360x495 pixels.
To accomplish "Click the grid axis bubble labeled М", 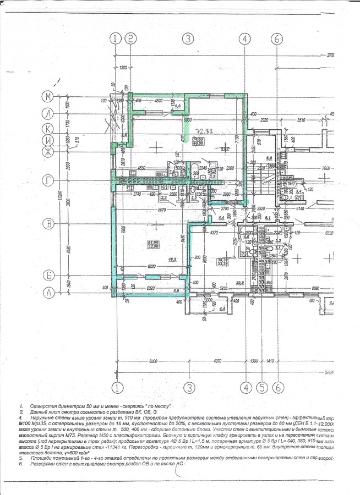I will pos(48,96).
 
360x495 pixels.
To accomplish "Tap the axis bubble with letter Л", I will pos(48,113).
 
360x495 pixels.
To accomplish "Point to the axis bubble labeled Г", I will pos(48,180).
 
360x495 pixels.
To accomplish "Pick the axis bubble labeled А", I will pos(48,293).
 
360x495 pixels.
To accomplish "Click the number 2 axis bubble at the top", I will pos(130,38).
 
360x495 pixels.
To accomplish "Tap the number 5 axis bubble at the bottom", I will pos(262,387).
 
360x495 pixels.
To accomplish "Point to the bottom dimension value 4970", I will pos(219,361).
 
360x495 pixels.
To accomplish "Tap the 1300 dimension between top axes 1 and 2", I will pos(123,68).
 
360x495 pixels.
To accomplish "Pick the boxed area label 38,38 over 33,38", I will pos(222,262).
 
